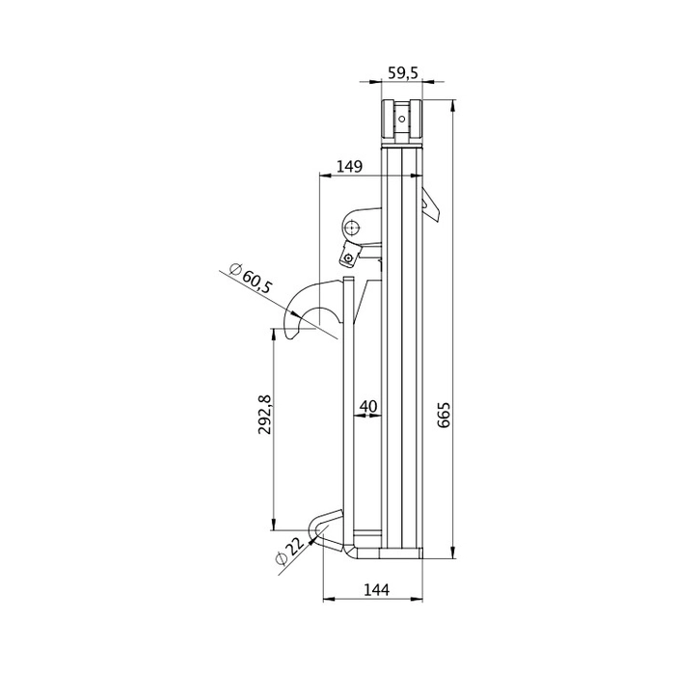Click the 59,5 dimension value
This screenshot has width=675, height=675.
[402, 72]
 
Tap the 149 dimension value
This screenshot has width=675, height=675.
[349, 166]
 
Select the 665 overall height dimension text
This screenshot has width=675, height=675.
[444, 415]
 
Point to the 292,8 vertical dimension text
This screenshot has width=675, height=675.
[265, 414]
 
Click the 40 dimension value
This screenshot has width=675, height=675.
[368, 406]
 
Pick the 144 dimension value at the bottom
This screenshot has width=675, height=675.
[377, 589]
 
